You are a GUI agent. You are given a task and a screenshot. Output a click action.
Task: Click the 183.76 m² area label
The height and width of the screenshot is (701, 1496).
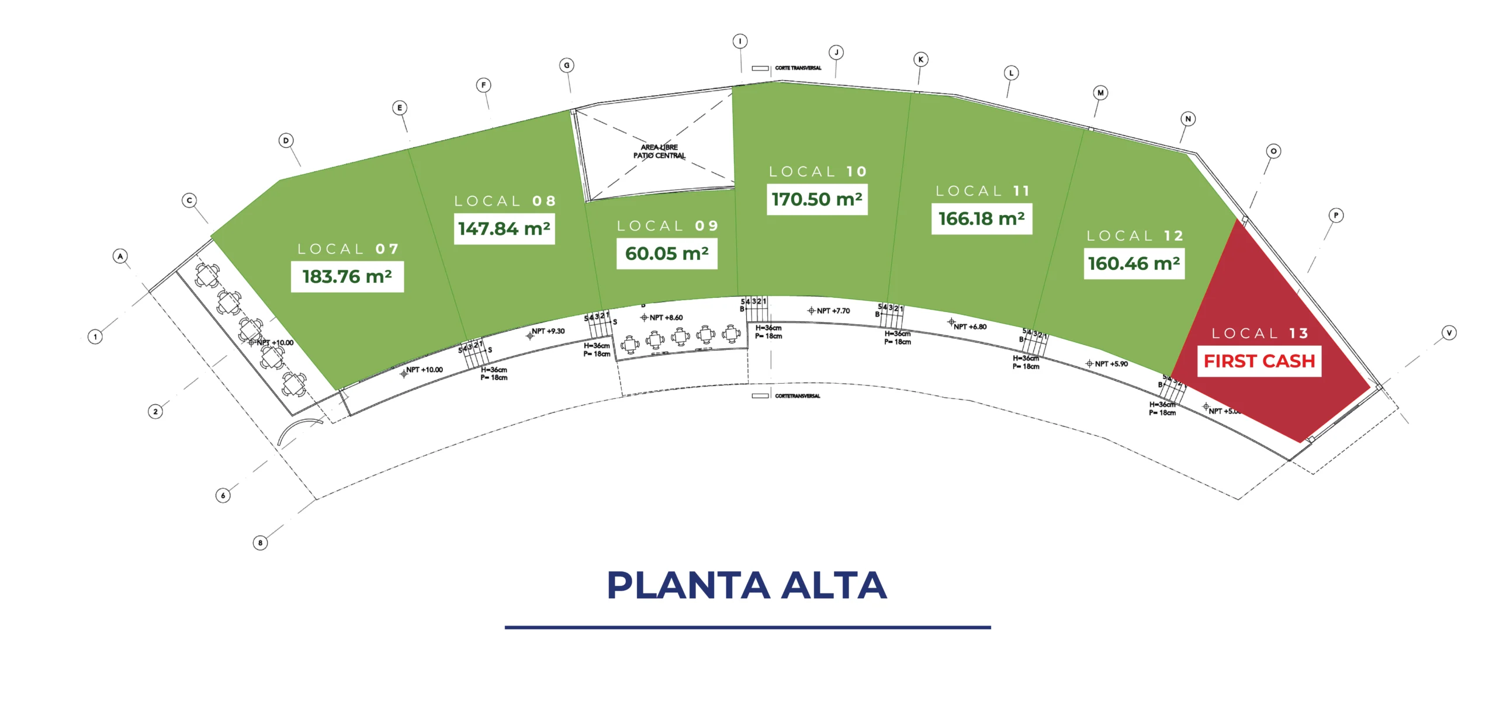(347, 276)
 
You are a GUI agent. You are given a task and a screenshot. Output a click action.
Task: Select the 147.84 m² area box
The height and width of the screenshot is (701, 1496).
(504, 228)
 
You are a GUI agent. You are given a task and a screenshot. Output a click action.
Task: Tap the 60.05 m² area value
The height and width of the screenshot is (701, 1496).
(667, 254)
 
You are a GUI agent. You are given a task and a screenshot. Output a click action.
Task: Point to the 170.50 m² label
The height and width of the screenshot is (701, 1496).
(816, 199)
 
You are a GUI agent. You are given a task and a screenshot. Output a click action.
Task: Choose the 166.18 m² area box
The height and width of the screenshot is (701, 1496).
(981, 218)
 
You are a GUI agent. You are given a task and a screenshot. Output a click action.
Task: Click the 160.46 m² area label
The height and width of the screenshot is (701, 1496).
(1134, 263)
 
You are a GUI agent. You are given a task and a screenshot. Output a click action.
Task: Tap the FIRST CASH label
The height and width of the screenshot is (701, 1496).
(1259, 361)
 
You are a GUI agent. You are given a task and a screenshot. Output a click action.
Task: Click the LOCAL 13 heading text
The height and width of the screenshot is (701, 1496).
(1259, 334)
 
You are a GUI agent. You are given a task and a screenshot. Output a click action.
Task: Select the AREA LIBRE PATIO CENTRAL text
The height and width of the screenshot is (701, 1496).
(659, 151)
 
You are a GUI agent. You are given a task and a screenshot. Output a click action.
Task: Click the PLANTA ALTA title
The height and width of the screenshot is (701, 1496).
(747, 585)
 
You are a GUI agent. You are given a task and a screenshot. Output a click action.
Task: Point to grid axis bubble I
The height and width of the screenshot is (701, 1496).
(740, 41)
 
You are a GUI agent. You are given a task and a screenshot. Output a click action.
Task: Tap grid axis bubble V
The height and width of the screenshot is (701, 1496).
(1449, 333)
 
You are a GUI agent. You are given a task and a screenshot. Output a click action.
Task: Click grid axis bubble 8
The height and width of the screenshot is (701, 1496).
(260, 543)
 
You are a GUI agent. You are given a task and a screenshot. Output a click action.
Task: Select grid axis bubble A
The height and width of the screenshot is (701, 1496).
(120, 256)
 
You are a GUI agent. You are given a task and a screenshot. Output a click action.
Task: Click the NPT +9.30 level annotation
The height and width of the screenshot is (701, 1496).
(547, 331)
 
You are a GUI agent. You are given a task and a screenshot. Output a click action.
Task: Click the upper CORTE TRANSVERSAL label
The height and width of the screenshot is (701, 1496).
(797, 68)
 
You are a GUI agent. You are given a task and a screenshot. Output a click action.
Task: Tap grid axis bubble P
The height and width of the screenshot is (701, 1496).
(1336, 215)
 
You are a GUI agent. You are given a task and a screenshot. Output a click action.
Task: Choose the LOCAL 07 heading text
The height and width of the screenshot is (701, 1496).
(348, 249)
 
